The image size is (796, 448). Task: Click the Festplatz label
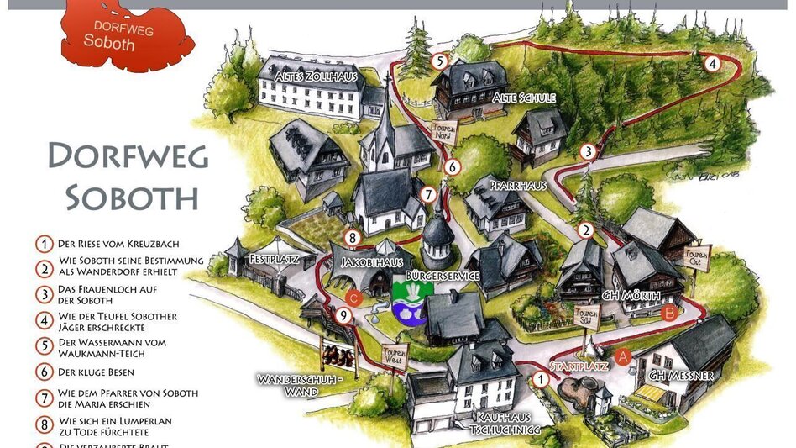tap(270, 261)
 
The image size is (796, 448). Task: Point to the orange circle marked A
tap(623, 356)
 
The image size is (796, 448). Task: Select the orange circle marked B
tap(669, 314)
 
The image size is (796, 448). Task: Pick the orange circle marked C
tap(354, 297)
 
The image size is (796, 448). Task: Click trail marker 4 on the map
tap(711, 63)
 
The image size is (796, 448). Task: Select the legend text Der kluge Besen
tap(97, 372)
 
